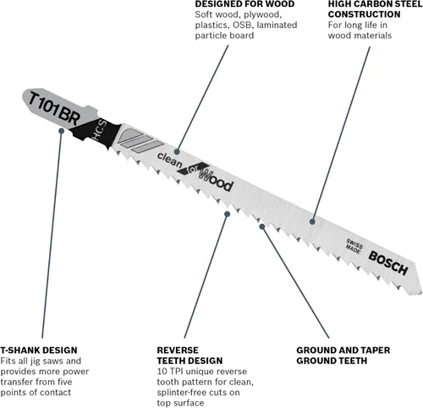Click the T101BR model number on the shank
point(54,108)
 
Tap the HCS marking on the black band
point(100,129)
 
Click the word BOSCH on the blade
point(388,264)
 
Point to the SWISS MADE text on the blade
point(354,246)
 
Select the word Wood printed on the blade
point(216,179)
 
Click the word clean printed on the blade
point(169,160)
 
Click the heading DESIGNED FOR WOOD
point(244,4)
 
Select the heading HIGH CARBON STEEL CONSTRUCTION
point(375,9)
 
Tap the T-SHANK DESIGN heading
point(39,351)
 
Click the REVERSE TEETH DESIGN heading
point(190,356)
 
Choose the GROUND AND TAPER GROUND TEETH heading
point(343,356)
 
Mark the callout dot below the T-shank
point(61,131)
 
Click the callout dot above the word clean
point(177,152)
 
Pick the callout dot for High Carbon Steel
point(312,221)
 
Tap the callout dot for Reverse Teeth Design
point(227,215)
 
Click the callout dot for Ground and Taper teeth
point(262,226)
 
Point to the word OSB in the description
point(242,25)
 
